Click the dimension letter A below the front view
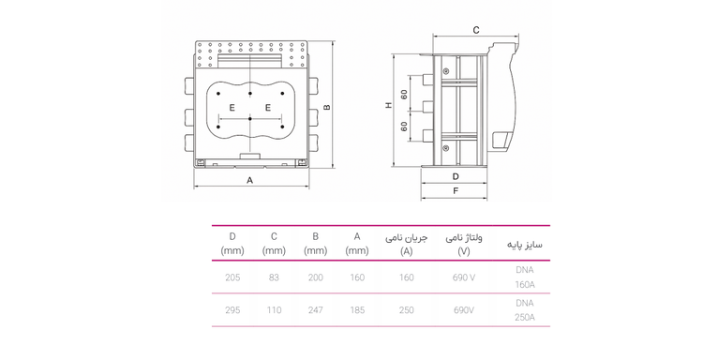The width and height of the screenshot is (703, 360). [249, 180]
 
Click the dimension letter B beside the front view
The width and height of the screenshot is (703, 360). [327, 107]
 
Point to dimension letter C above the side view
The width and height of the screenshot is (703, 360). [476, 30]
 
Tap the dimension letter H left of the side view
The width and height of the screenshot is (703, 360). [389, 105]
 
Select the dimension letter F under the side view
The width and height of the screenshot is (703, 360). [456, 191]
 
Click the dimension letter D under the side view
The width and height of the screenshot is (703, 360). [456, 176]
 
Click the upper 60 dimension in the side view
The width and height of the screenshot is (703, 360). [404, 95]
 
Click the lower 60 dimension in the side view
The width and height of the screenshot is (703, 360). [404, 127]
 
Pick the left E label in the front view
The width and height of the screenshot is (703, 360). [232, 108]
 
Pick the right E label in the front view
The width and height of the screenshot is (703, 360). [268, 108]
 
